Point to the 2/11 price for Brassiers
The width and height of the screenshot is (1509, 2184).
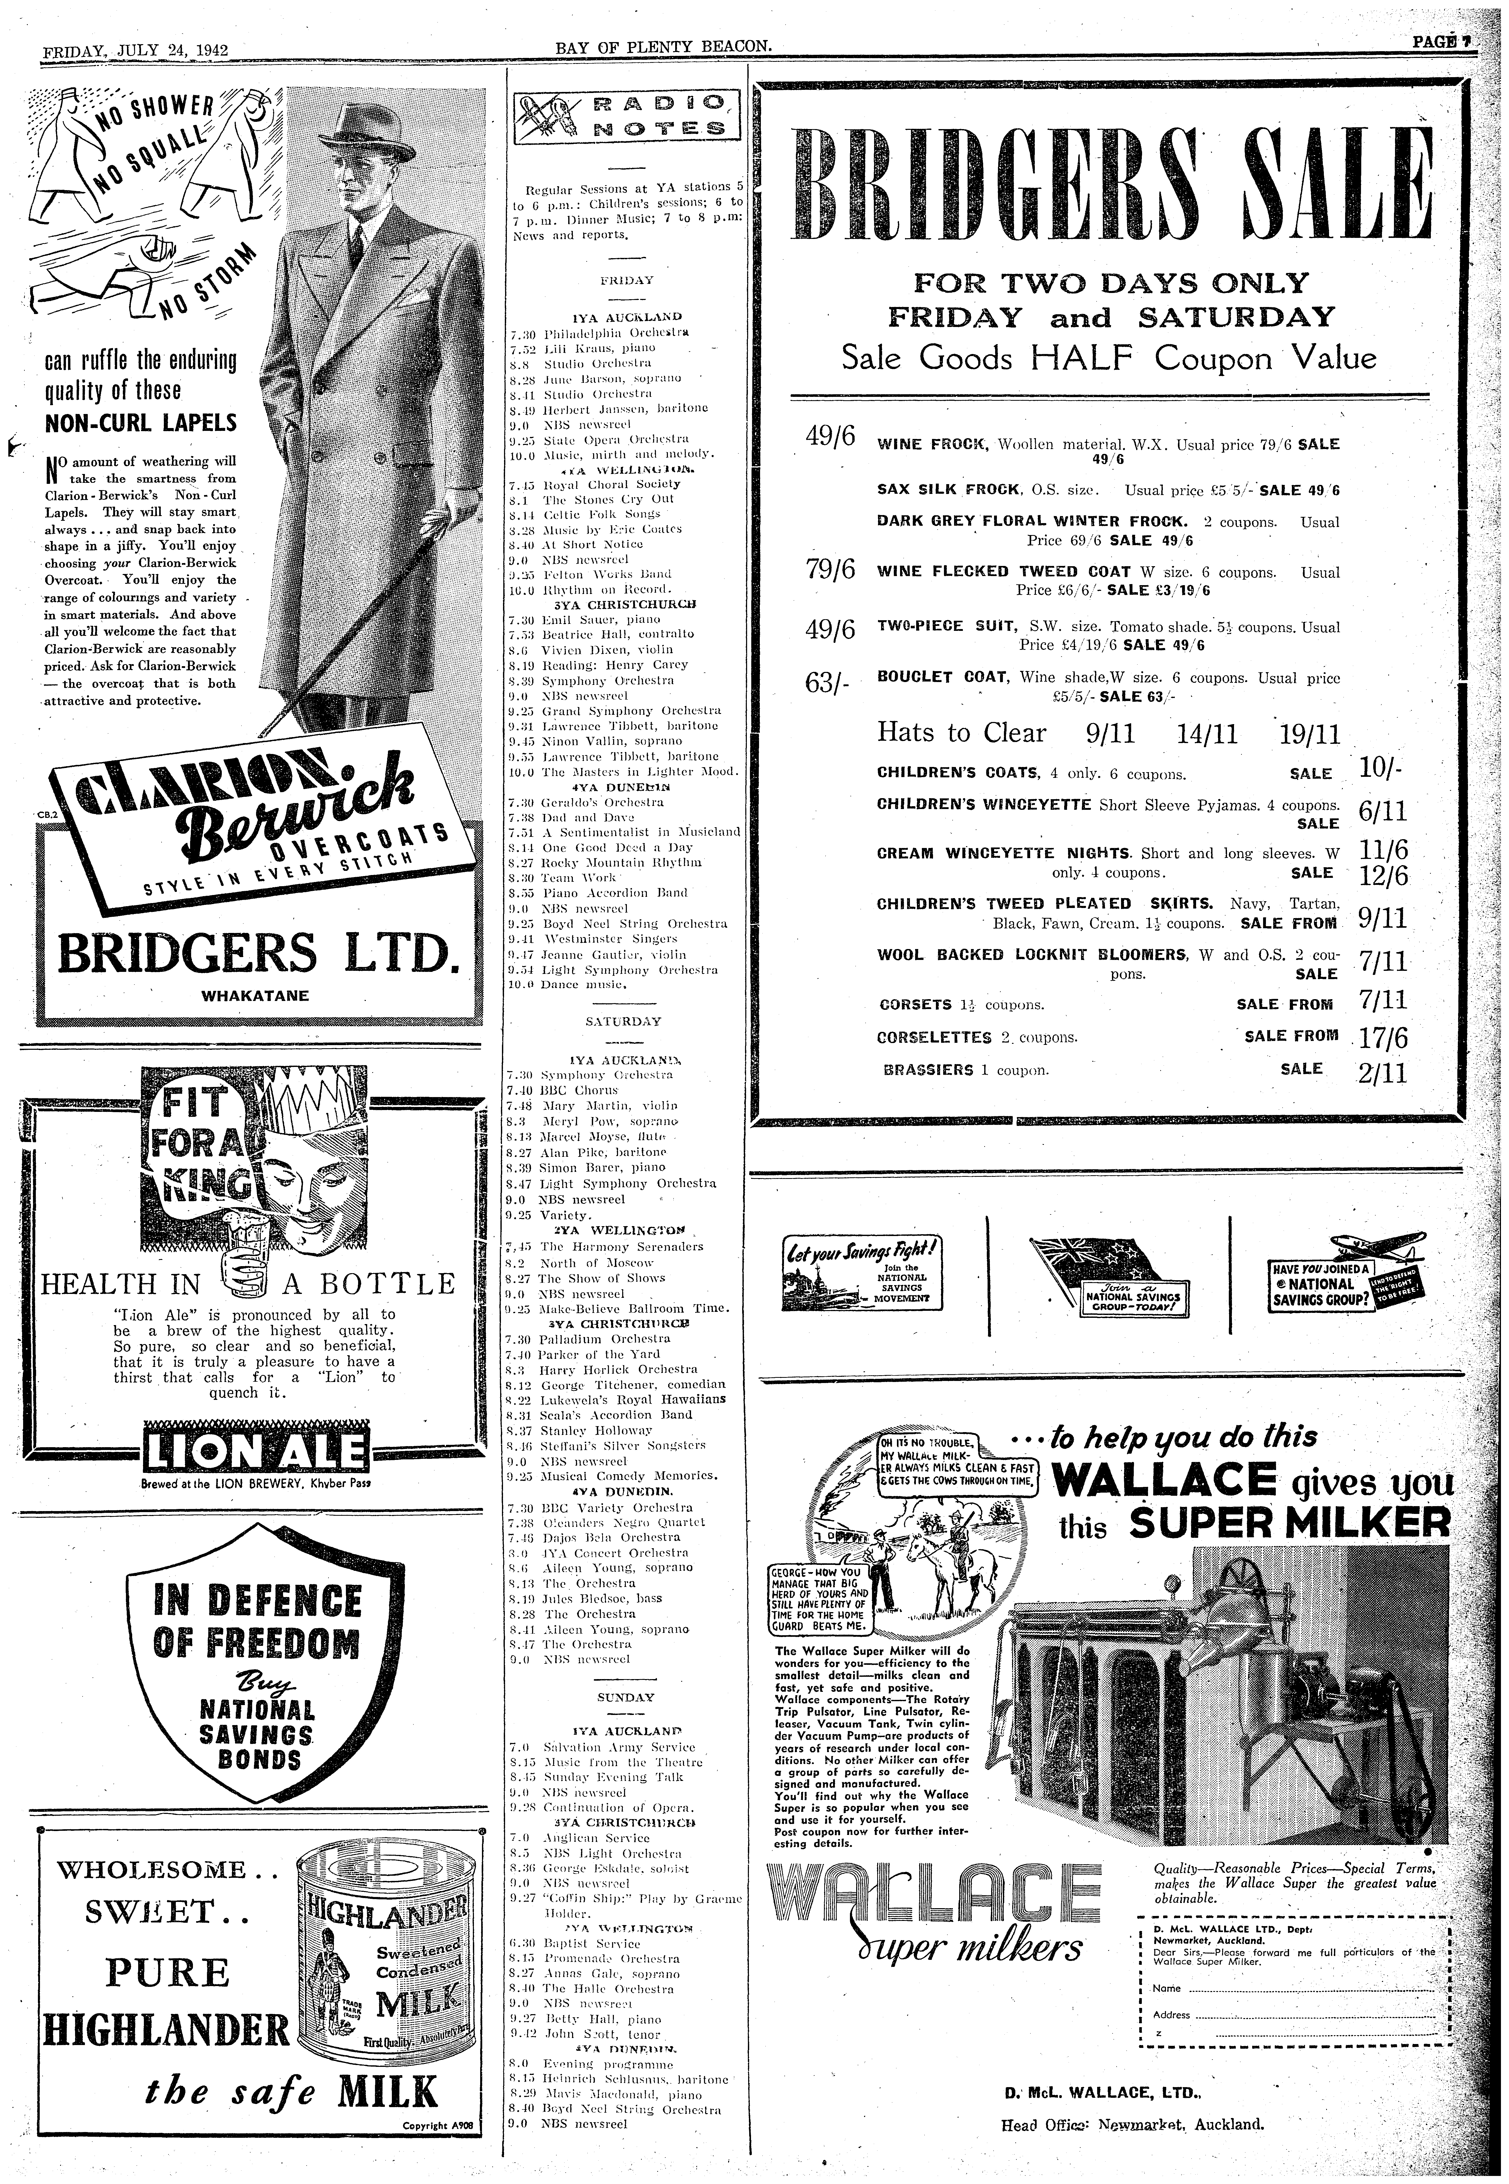(1382, 1073)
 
